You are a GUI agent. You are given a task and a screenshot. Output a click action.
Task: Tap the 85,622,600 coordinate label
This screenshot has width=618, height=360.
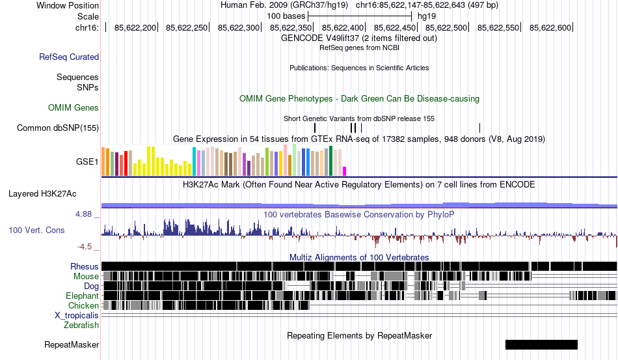550,27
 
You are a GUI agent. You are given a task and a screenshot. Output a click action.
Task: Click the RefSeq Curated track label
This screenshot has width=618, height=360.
69,57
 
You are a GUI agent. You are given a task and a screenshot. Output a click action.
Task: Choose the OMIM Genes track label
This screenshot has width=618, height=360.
74,107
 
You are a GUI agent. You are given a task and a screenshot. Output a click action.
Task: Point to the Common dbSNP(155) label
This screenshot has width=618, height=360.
58,128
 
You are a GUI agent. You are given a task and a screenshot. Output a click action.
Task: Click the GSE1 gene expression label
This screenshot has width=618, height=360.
87,161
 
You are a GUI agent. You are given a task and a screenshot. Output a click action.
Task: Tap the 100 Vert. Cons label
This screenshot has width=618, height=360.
36,230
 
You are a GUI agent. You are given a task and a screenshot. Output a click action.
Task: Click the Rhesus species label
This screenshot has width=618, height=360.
85,266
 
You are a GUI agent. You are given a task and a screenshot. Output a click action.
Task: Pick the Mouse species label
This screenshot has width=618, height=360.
86,276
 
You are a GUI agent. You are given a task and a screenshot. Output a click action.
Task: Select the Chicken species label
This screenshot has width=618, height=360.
84,305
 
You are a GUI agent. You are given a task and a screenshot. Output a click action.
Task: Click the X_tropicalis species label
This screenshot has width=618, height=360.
77,315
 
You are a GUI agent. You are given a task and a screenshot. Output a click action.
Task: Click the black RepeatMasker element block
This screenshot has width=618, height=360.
541,344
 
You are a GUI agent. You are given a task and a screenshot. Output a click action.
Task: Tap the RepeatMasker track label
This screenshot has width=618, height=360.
72,344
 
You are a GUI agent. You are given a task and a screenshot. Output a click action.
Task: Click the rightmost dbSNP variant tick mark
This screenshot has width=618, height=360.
479,128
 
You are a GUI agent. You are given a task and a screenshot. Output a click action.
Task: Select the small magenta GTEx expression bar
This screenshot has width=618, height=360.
345,171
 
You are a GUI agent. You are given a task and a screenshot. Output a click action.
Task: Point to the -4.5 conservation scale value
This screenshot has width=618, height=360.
85,247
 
